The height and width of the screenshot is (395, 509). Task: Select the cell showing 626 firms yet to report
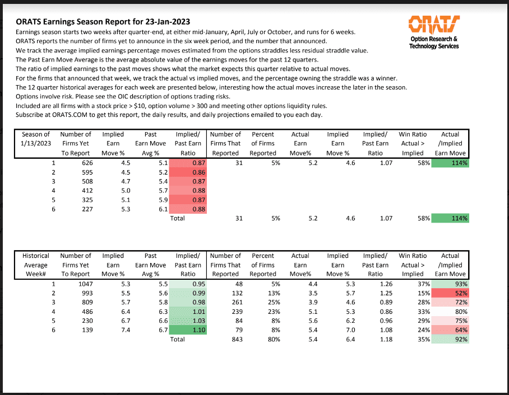83,162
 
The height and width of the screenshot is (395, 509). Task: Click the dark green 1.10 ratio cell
188,330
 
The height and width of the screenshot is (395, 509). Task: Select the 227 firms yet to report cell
83,209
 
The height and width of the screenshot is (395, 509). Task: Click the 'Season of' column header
36,134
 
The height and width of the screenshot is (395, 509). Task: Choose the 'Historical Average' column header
36,260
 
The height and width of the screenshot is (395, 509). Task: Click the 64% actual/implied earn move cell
451,330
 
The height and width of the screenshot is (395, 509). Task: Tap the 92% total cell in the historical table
451,339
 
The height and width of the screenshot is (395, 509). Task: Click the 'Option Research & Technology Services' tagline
434,43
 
